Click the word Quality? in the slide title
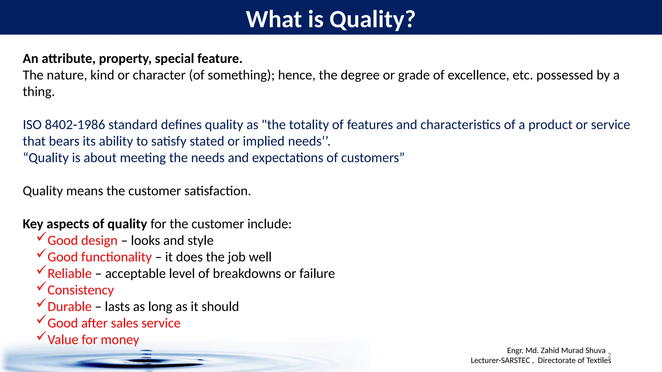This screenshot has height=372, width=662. coord(372,19)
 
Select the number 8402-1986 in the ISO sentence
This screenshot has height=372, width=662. coord(75,125)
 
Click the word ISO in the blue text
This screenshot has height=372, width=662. coord(32,125)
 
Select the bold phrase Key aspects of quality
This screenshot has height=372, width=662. coord(85,224)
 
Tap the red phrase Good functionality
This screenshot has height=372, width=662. coord(100,257)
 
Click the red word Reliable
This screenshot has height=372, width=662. coord(69,274)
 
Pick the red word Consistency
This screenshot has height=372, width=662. coord(80,290)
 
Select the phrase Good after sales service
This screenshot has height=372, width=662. coord(114,323)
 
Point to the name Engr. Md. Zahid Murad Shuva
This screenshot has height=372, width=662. coord(556,350)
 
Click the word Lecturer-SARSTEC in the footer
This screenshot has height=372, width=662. coord(500,360)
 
